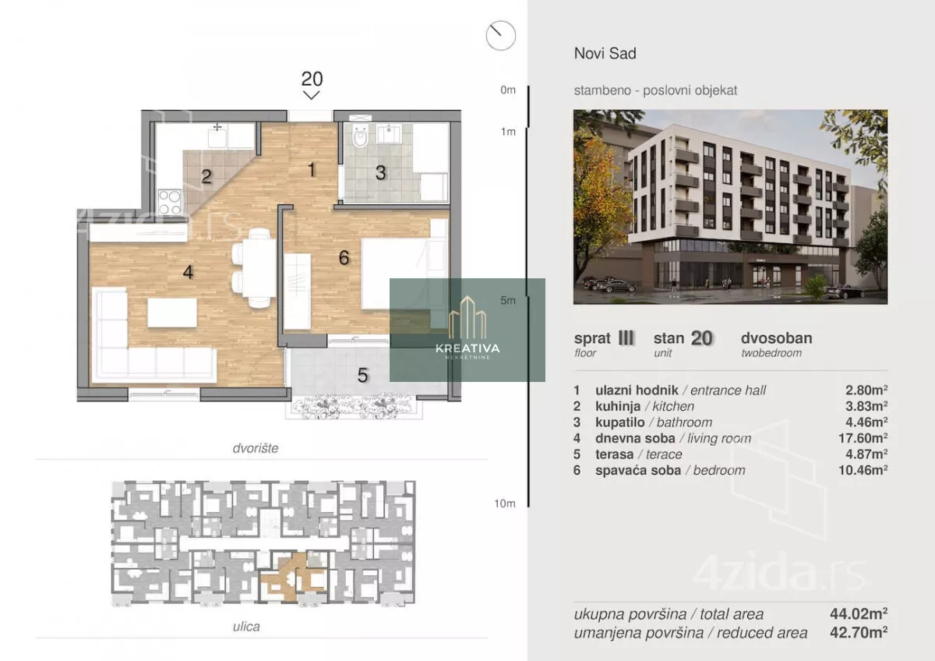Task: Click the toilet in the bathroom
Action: (x=360, y=136)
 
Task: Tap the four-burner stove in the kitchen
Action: (x=170, y=202)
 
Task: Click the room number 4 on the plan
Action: (x=188, y=272)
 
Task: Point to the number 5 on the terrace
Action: (x=363, y=376)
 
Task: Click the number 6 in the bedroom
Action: (x=344, y=258)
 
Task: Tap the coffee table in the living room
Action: (x=172, y=313)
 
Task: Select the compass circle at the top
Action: (x=501, y=36)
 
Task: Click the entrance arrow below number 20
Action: (x=312, y=95)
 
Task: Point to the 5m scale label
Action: (x=508, y=300)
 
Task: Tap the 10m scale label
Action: (x=505, y=504)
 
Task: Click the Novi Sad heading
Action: (x=605, y=54)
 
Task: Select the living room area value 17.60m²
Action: (x=863, y=438)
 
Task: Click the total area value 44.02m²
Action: (x=859, y=613)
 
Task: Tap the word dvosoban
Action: (x=776, y=338)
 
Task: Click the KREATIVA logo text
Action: (x=467, y=348)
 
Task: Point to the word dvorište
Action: (x=256, y=448)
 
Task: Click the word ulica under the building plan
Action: (x=246, y=627)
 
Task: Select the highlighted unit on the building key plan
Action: (x=293, y=577)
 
